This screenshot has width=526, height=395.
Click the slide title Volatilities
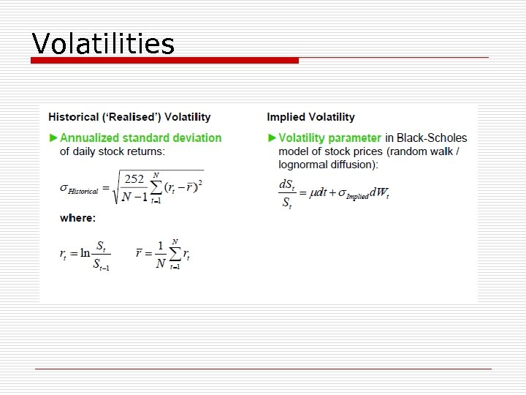(103, 44)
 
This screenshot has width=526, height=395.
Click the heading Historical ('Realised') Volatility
(129, 117)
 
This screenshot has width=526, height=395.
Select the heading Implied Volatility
(310, 117)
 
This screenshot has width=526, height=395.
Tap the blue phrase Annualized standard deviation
(140, 138)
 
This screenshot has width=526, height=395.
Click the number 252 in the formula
(134, 179)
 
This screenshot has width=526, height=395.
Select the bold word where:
(77, 218)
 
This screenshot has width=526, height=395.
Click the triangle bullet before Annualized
(53, 138)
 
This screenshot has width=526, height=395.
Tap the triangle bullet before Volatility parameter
(272, 138)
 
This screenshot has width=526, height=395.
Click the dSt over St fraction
(287, 194)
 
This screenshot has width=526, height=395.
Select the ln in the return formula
(85, 253)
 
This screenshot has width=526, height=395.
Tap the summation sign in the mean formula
(174, 254)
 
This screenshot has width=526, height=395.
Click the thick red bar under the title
(165, 61)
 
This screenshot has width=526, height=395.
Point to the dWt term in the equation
(380, 194)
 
